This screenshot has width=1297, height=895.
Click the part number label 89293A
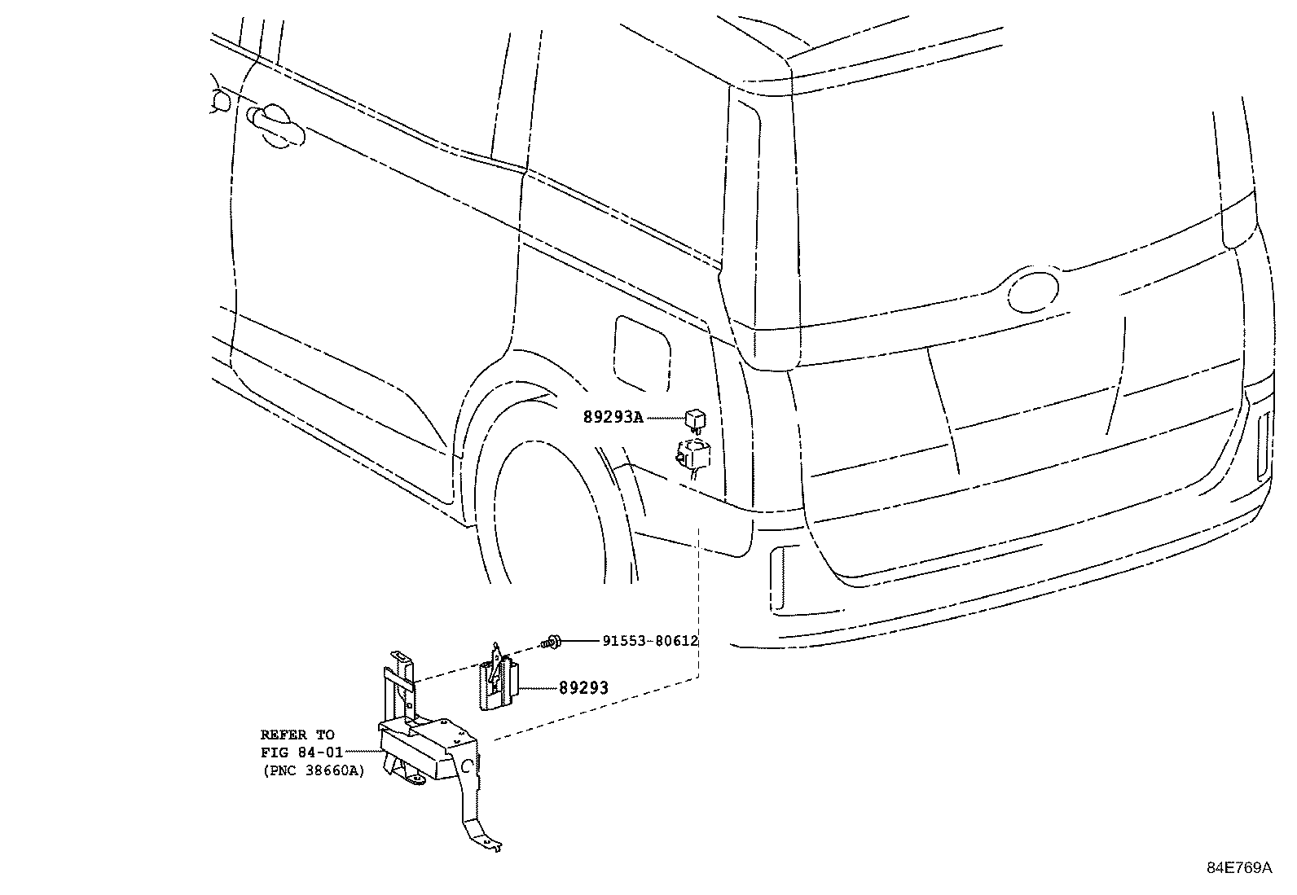pyautogui.click(x=613, y=418)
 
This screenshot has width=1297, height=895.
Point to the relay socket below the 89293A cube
pyautogui.click(x=691, y=452)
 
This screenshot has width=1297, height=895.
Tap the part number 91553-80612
pyautogui.click(x=650, y=641)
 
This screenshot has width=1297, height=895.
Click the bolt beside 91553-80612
pyautogui.click(x=552, y=642)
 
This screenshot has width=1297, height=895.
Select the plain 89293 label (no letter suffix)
pyautogui.click(x=583, y=688)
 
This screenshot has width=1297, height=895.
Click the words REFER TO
pyautogui.click(x=297, y=735)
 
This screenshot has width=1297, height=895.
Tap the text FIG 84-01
pyautogui.click(x=301, y=752)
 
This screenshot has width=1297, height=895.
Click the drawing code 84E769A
pyautogui.click(x=1239, y=868)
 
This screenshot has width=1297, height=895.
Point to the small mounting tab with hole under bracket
pyautogui.click(x=415, y=779)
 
